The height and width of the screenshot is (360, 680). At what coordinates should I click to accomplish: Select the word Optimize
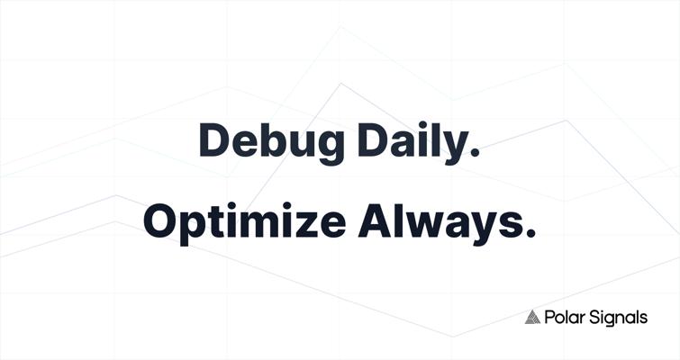click(245, 223)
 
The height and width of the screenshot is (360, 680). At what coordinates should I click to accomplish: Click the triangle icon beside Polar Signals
click(532, 317)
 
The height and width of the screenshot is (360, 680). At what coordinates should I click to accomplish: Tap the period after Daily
click(476, 151)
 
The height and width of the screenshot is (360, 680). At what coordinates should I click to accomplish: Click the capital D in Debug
click(213, 139)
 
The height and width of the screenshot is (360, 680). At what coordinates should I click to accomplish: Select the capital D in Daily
click(373, 139)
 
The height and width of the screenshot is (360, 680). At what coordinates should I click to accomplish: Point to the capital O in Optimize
click(159, 220)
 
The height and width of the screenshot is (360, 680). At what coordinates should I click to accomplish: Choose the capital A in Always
click(375, 220)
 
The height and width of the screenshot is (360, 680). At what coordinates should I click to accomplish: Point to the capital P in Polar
click(549, 318)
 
